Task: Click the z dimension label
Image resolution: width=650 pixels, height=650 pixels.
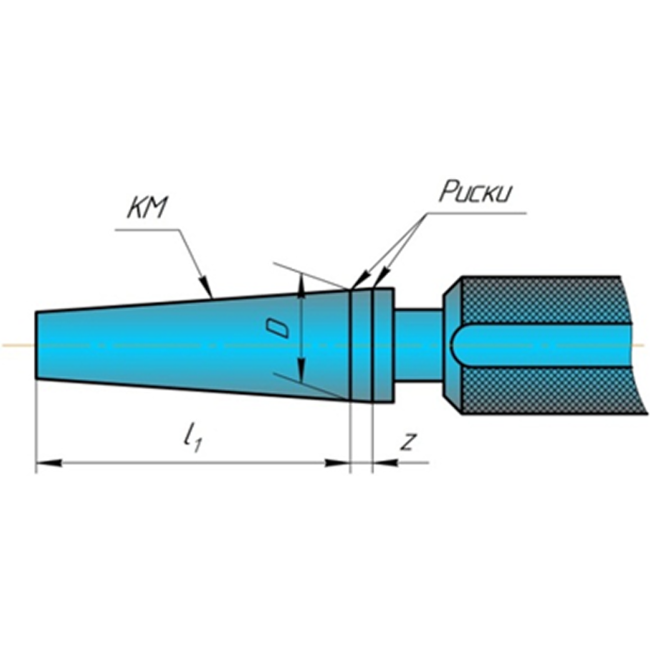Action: click(407, 442)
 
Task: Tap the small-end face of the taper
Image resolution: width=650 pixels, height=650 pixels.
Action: click(37, 345)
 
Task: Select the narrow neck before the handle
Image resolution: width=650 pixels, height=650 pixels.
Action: click(417, 345)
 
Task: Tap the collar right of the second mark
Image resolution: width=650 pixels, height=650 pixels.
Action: click(383, 345)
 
